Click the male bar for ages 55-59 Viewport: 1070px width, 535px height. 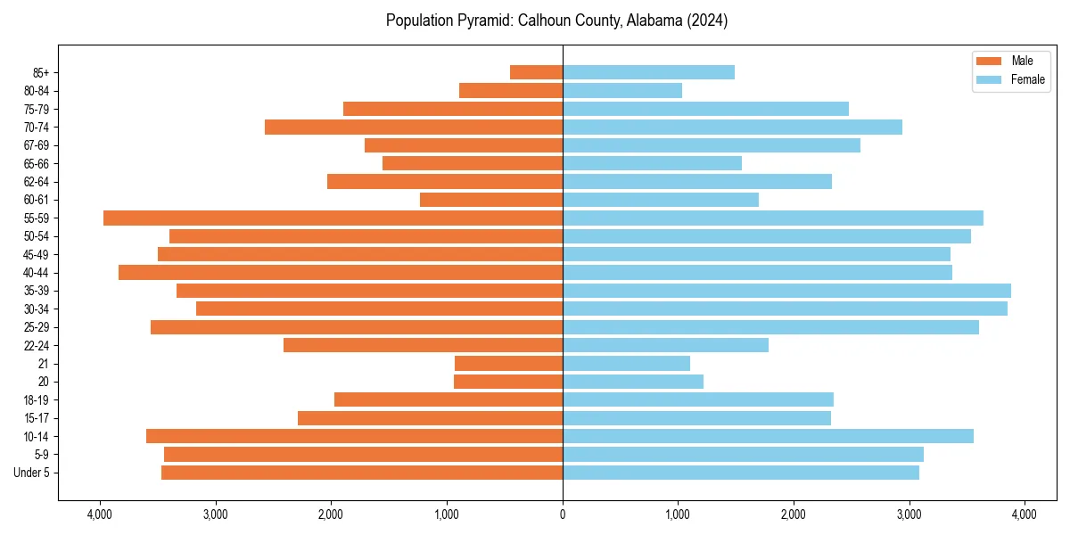[333, 218]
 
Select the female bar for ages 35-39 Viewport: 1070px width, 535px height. [786, 291]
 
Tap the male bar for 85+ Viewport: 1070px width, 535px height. [536, 72]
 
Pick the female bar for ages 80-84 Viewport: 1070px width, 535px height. [622, 90]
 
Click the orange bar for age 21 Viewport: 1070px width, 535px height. [508, 363]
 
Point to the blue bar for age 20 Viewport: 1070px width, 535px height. [633, 382]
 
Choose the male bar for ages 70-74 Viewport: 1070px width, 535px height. [414, 127]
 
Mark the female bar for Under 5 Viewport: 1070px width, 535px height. [740, 473]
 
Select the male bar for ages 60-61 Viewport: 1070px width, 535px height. [491, 200]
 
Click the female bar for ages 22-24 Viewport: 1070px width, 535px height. [665, 345]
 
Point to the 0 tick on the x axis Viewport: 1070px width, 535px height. [563, 514]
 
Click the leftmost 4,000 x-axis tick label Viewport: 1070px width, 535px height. [100, 514]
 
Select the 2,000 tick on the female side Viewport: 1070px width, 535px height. [794, 514]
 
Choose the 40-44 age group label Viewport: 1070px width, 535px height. [35, 273]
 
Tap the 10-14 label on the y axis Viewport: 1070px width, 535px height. [35, 436]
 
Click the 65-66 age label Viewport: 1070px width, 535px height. [35, 163]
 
